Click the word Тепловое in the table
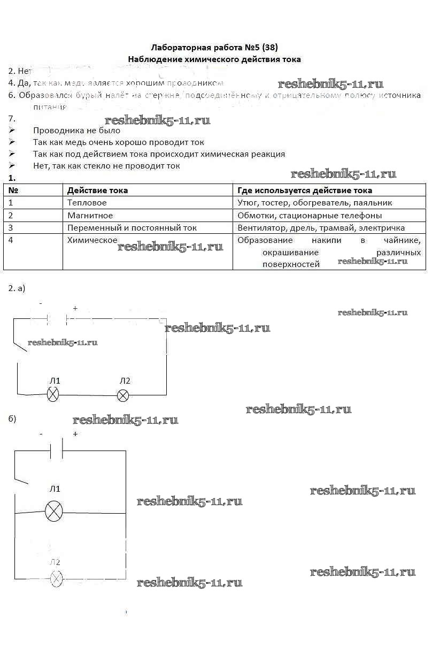[87, 203]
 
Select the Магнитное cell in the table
[90, 215]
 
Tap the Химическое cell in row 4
[92, 240]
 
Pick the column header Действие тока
[97, 190]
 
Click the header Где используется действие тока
[305, 190]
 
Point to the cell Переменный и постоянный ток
[132, 227]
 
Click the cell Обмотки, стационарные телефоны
[310, 215]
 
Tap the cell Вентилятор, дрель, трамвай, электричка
[321, 227]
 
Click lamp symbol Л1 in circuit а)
[53, 395]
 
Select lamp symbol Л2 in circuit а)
[123, 395]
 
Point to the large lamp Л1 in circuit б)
[53, 512]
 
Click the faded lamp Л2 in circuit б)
[56, 578]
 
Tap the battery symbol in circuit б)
[56, 450]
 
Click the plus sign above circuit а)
[75, 308]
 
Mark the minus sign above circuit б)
[41, 434]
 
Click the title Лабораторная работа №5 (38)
[214, 47]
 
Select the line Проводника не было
[76, 130]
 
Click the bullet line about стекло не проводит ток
[106, 165]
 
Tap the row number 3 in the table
[11, 227]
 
